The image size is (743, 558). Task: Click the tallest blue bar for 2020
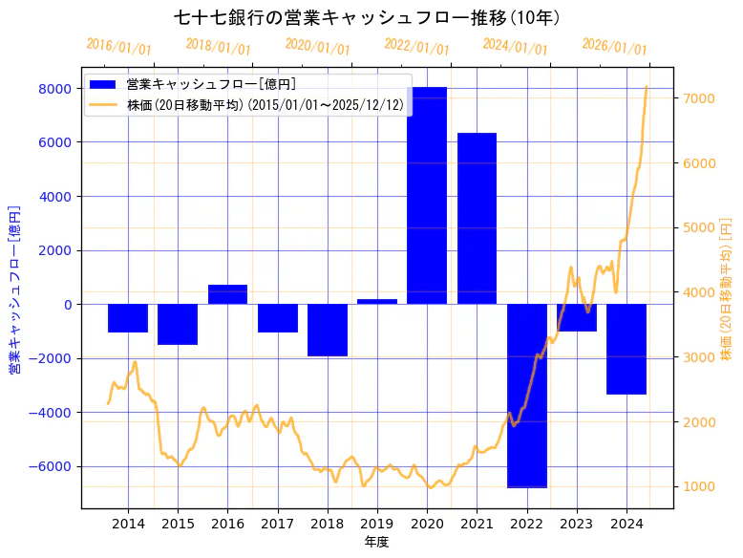click(427, 196)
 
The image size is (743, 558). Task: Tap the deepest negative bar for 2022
click(526, 396)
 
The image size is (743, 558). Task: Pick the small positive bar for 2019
click(377, 302)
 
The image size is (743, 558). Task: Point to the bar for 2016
click(227, 294)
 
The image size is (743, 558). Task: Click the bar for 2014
click(128, 318)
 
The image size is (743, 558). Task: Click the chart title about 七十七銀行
click(367, 17)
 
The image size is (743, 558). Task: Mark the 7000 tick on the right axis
click(698, 98)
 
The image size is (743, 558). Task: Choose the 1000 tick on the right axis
click(698, 486)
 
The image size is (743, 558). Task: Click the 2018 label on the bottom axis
click(327, 524)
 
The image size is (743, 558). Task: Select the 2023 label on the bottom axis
click(577, 524)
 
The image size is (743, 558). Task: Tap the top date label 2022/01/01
click(416, 47)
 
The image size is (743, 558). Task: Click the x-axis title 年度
click(376, 542)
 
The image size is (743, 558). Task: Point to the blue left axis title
click(15, 290)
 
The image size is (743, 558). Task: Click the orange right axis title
click(726, 290)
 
